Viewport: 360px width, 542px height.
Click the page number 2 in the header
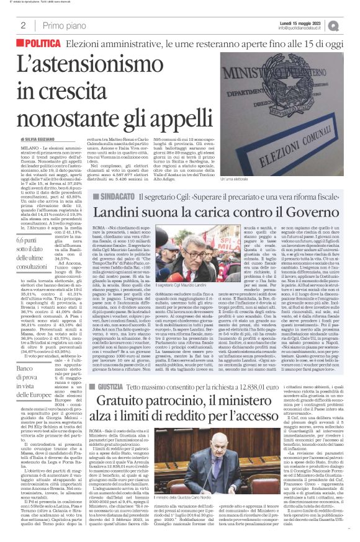[23, 25]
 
